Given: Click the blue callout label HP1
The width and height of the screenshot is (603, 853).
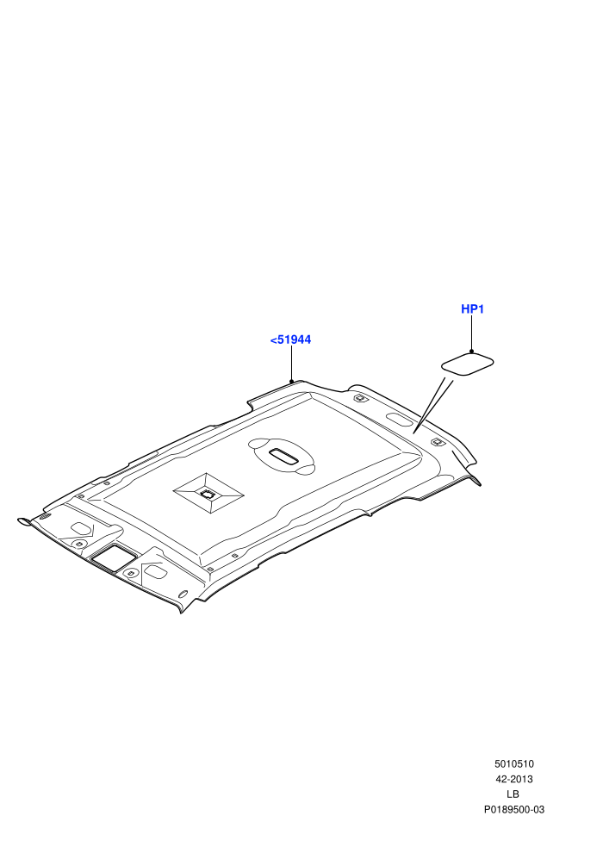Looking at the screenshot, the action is (472, 309).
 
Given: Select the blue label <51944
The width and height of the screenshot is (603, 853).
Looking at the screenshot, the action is (290, 339).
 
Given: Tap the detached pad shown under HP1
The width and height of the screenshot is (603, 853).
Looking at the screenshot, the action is (467, 364).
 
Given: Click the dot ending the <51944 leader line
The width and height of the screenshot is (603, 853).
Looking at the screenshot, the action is (291, 382).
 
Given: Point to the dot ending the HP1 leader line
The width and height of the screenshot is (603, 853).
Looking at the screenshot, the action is (471, 352).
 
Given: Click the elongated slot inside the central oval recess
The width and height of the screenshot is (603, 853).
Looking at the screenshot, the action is (283, 456).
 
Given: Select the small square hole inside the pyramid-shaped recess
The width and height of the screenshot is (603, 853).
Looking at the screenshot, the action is (207, 494).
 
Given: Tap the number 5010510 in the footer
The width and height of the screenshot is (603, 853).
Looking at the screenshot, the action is (513, 763).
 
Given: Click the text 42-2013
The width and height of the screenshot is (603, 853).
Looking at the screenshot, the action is (513, 779).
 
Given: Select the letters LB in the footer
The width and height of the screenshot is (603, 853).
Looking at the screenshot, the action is (513, 794).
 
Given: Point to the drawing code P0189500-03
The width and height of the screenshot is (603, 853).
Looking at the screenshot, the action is (513, 809).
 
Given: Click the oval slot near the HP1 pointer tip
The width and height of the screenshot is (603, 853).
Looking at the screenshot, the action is (399, 420).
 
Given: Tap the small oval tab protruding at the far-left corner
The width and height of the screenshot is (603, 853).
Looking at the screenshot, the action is (24, 521).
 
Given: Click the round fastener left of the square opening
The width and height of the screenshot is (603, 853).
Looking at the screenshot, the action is (79, 544).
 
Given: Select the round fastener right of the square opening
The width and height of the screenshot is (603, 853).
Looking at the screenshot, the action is (130, 573).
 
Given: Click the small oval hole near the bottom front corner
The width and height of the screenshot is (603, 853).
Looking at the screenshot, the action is (183, 594).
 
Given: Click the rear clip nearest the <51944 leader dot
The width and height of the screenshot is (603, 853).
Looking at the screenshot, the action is (360, 399).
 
